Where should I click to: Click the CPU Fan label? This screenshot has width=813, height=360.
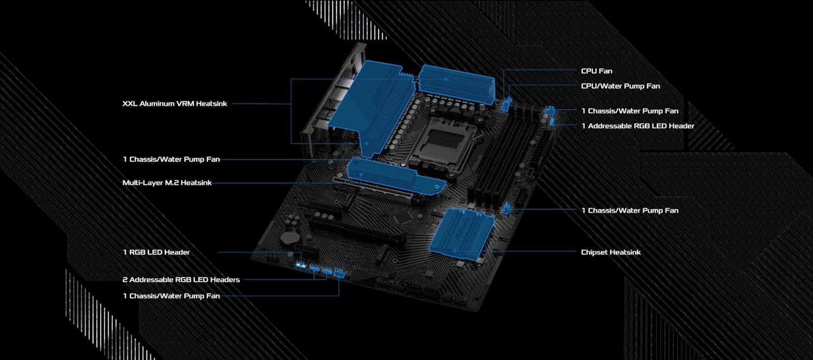597,71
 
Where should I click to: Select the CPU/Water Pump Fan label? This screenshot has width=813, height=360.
621,86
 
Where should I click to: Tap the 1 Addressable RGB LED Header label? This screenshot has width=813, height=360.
638,126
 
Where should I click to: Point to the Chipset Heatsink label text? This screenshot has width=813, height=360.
611,252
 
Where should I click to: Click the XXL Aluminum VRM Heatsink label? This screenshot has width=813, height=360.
175,104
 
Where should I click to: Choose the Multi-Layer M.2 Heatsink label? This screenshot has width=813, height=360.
167,183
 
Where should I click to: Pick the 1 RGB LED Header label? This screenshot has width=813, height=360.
156,252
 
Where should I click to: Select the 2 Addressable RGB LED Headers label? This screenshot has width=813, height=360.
181,280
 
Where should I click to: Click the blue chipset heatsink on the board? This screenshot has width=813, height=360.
462,232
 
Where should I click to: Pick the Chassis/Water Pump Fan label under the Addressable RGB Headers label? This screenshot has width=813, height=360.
171,296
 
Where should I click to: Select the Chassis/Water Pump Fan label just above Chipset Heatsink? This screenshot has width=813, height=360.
630,210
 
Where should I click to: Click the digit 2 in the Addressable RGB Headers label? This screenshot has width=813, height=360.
125,280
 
